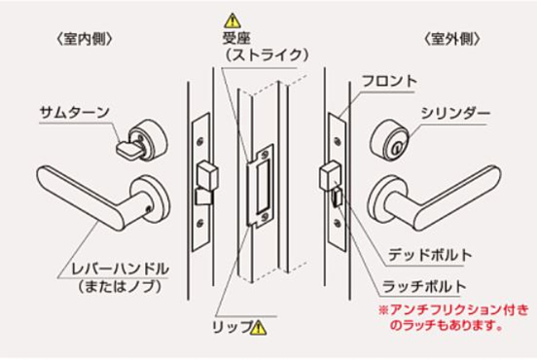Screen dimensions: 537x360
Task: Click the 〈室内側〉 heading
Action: pyautogui.click(x=84, y=39)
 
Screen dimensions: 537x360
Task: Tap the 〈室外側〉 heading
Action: pyautogui.click(x=451, y=39)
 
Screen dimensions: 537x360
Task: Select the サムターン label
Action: pyautogui.click(x=74, y=112)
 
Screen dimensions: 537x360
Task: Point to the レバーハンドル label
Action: pyautogui.click(x=120, y=269)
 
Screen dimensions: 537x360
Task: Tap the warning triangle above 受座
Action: pyautogui.click(x=233, y=20)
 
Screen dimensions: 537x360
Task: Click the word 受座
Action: pyautogui.click(x=236, y=38)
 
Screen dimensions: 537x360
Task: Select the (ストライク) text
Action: pyautogui.click(x=267, y=54)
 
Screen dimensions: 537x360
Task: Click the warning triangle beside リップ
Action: pyautogui.click(x=258, y=328)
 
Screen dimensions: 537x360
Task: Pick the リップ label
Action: pyautogui.click(x=232, y=327)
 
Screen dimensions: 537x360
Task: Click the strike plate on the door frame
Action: pyautogui.click(x=261, y=185)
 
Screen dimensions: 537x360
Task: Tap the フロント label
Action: pyautogui.click(x=389, y=81)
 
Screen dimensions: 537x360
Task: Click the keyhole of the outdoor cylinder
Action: pyautogui.click(x=397, y=148)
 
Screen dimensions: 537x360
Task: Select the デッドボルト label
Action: pyautogui.click(x=430, y=255)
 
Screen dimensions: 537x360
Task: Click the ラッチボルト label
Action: pyautogui.click(x=424, y=286)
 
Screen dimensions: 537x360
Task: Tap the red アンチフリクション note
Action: pyautogui.click(x=453, y=317)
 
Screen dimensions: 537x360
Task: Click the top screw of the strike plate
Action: pyautogui.click(x=264, y=155)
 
